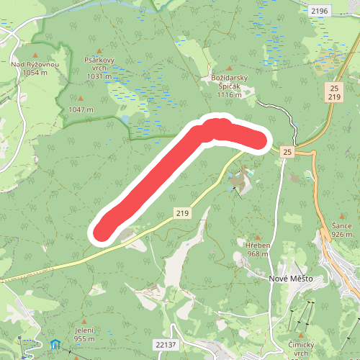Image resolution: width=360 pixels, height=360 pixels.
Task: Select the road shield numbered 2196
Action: point(319,11)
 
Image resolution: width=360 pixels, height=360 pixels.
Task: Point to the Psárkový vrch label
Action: point(99,65)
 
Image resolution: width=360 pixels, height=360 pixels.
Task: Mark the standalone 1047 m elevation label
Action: point(81,109)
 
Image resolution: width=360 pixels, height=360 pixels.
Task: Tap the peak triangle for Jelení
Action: point(85,321)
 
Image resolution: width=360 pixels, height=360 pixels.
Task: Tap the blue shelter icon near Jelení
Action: point(55,345)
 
